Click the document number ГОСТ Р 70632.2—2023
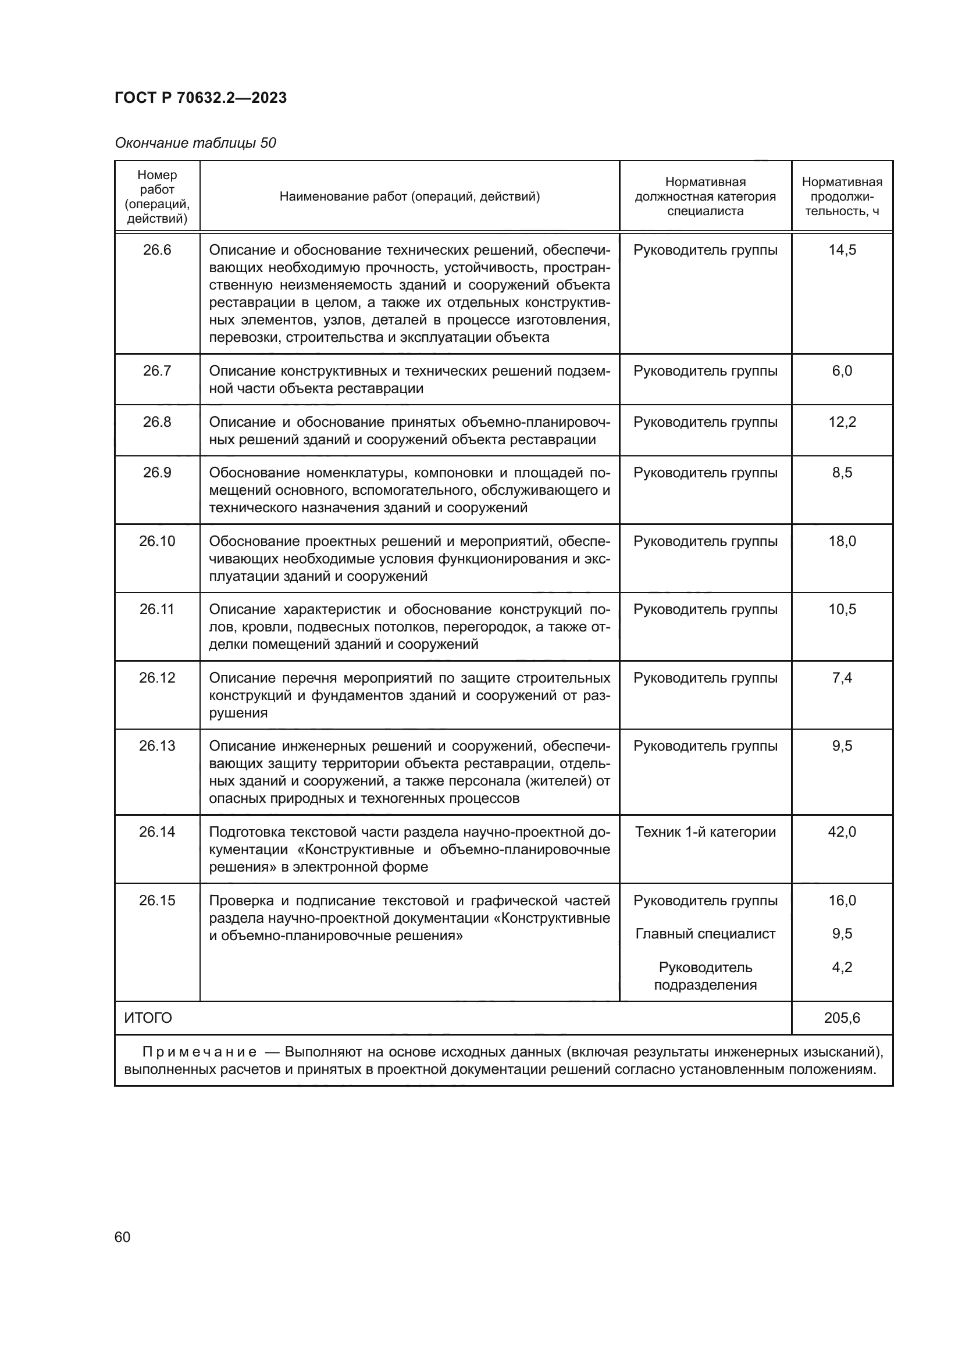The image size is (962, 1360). click(200, 98)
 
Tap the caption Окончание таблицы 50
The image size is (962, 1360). click(195, 143)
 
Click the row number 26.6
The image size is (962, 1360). click(157, 250)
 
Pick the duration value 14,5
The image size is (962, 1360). click(842, 250)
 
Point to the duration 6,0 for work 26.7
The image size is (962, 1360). click(842, 371)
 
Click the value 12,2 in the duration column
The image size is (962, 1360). click(842, 422)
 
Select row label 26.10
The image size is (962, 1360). click(157, 541)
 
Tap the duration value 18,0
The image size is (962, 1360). click(842, 541)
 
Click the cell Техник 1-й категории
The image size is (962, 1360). click(705, 831)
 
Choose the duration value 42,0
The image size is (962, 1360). click(842, 831)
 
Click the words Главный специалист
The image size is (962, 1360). click(705, 934)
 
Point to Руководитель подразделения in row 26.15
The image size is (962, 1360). click(705, 976)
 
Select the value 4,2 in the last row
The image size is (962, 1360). click(842, 968)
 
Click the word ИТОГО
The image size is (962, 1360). click(148, 1018)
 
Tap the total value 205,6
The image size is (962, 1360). click(842, 1018)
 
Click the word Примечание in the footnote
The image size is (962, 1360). click(199, 1052)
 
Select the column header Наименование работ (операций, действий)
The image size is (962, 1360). click(409, 196)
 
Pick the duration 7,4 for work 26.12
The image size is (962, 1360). click(842, 677)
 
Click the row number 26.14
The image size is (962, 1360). click(157, 831)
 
